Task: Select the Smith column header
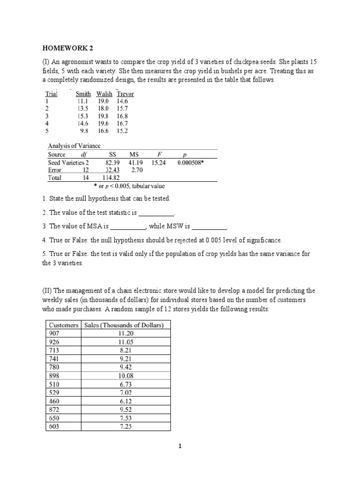click(x=83, y=94)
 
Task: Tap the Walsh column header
click(x=104, y=94)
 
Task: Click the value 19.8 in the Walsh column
click(x=103, y=116)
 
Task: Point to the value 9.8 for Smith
click(x=84, y=131)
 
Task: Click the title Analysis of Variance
click(x=74, y=146)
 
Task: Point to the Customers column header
click(x=63, y=324)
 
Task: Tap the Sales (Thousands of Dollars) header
click(x=126, y=324)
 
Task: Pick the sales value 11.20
click(x=126, y=333)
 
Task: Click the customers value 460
click(x=55, y=401)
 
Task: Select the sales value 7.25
click(x=126, y=427)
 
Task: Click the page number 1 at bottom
click(x=180, y=446)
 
